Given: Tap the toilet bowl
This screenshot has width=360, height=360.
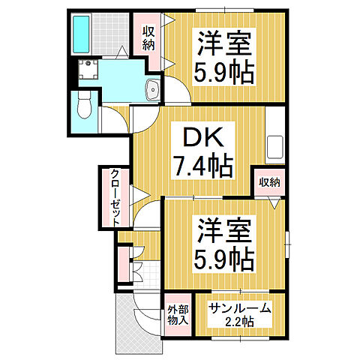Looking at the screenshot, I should [82, 106].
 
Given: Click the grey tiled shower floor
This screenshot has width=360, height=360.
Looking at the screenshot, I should [110, 34].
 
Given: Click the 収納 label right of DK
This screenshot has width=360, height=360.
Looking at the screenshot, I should [270, 182].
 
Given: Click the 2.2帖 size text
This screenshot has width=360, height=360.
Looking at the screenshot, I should [241, 322].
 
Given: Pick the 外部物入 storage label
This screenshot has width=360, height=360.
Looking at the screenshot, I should [178, 316].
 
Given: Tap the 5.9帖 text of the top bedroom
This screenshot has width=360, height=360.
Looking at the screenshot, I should [225, 73].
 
